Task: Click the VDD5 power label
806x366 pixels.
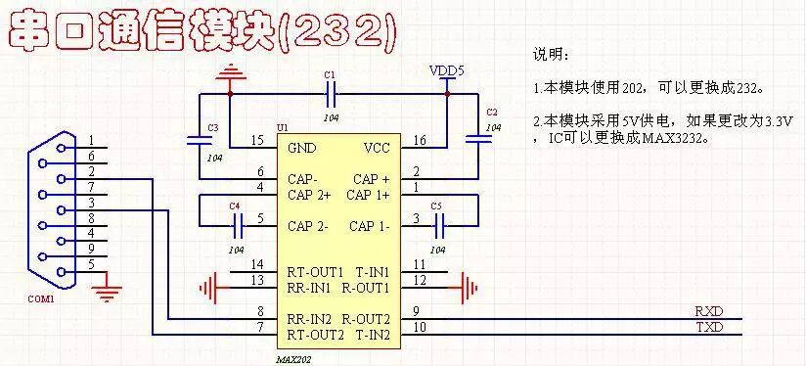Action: pos(446,71)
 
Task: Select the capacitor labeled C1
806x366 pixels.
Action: pos(332,94)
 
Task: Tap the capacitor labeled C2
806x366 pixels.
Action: pos(478,140)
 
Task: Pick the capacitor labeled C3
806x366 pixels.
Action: pos(201,140)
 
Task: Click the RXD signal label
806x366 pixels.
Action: pos(709,310)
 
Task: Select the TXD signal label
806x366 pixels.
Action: pos(709,327)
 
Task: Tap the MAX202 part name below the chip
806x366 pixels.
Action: pos(294,359)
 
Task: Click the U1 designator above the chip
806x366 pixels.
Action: pos(283,128)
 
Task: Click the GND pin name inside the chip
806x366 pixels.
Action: pos(302,149)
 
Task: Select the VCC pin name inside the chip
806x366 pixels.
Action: pos(377,149)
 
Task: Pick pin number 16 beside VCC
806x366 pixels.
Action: pos(419,141)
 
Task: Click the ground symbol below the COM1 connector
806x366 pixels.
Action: pos(110,288)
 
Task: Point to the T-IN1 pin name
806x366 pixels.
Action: pos(373,271)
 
